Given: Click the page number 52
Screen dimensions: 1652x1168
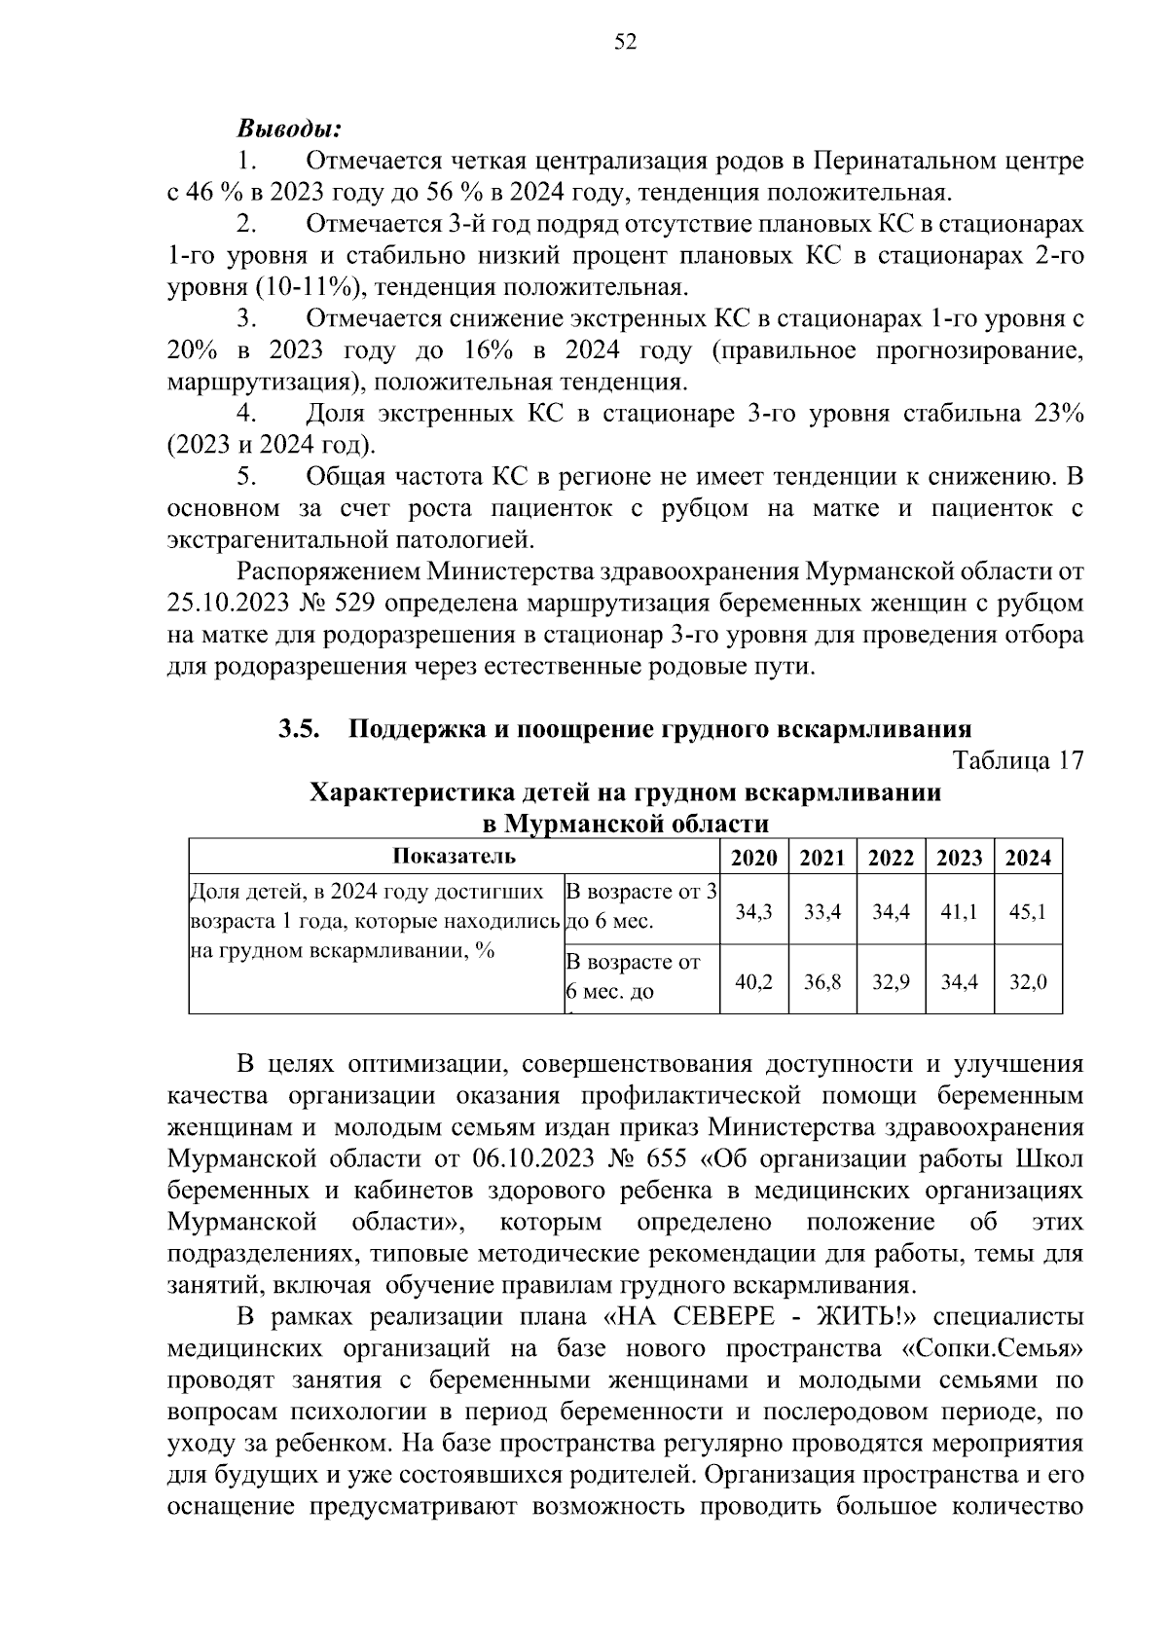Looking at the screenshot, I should point(626,41).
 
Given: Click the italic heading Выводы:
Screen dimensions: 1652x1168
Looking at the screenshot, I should point(289,128).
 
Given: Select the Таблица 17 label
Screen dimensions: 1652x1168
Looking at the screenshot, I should point(1017,760).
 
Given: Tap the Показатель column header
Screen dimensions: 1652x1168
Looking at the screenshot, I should point(454,857).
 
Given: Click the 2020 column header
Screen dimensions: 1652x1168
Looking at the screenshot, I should point(753,858).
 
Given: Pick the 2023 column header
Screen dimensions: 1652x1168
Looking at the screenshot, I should point(959,858).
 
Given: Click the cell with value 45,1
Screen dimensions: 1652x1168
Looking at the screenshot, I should point(1027,912).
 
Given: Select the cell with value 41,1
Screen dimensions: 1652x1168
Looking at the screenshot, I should point(959,912).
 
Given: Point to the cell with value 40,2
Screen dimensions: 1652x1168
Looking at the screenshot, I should point(753,982).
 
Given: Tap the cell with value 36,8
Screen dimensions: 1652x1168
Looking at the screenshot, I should point(821,982).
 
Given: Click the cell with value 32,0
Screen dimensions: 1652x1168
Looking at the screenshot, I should point(1027,982).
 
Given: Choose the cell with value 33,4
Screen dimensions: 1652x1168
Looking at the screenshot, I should point(821,912).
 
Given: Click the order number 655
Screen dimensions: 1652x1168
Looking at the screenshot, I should point(665,1159).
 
